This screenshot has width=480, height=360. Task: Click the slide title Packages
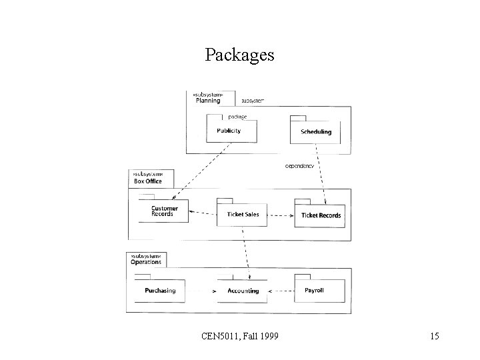239,55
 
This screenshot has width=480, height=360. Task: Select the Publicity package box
229,130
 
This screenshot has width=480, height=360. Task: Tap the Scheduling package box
315,131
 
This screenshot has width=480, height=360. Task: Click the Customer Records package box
163,211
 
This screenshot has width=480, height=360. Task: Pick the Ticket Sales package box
242,214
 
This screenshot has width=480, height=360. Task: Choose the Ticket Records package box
320,215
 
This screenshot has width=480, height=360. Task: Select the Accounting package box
243,291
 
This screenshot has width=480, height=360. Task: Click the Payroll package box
320,290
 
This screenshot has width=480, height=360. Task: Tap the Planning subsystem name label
208,101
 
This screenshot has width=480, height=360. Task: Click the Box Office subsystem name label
148,181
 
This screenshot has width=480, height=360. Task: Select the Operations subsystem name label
146,262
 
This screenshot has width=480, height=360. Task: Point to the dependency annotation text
300,165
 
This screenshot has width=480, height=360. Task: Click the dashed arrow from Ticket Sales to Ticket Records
281,215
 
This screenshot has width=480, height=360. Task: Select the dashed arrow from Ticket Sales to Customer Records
203,214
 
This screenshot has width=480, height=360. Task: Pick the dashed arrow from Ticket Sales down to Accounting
245,253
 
